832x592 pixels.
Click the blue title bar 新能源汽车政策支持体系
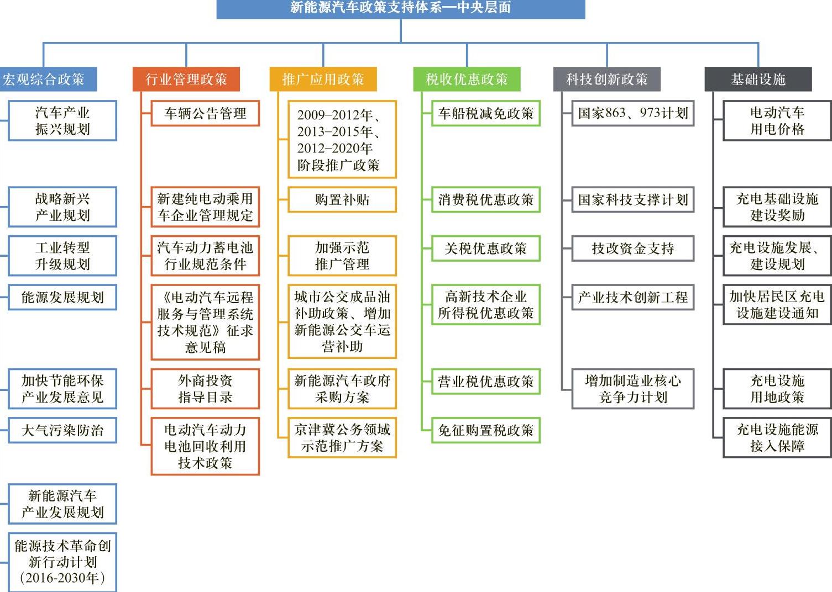coord(400,8)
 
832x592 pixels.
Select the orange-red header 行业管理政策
coord(186,80)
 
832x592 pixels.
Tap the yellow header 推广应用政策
coord(323,80)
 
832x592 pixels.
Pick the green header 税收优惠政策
coord(467,80)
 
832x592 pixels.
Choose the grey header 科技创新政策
coord(606,80)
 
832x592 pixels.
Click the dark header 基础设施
coord(758,80)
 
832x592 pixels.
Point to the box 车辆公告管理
coord(205,114)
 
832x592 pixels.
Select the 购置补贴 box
coord(342,200)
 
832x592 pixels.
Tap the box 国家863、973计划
coord(632,114)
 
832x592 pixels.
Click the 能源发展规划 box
coord(62,298)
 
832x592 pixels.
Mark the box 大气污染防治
coord(62,431)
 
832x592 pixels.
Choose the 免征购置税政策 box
coord(485,431)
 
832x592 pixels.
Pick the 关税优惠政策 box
coord(485,249)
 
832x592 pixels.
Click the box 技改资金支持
coord(632,249)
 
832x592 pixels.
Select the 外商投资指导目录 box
coord(205,389)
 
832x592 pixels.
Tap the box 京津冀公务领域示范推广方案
coord(342,437)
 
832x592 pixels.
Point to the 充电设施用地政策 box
coord(777,389)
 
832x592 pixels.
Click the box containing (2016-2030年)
coord(62,562)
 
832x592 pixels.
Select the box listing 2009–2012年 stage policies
coord(342,140)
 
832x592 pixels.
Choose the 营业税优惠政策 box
coord(485,382)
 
